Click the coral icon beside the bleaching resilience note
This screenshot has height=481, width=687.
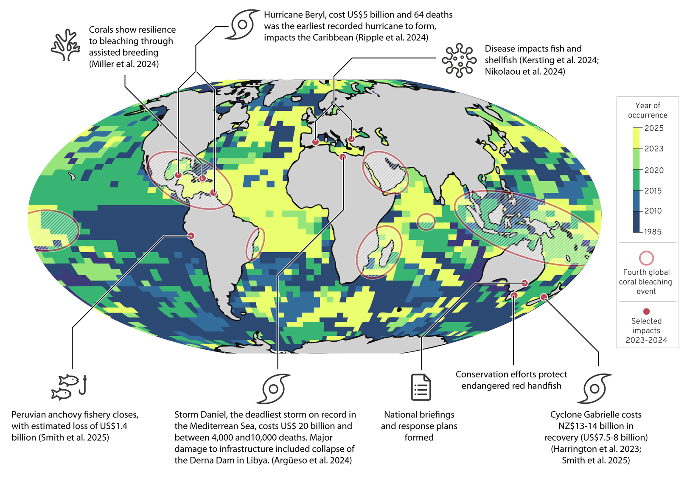point(66,45)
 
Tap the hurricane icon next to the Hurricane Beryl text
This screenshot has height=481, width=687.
point(244,24)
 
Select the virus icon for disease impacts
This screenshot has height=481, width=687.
point(459,60)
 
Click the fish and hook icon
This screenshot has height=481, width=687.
point(69,387)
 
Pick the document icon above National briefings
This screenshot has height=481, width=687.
point(421,387)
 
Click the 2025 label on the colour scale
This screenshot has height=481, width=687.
point(654,128)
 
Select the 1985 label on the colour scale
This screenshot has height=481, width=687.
point(653,232)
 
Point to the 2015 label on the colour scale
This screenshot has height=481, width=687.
point(653,191)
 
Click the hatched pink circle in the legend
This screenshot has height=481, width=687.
point(646,258)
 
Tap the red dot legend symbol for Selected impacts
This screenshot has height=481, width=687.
point(646,311)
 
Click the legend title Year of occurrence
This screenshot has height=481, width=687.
point(648,110)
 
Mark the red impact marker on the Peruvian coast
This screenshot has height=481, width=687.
point(191,236)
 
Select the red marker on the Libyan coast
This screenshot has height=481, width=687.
point(343,157)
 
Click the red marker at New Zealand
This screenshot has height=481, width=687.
point(544,297)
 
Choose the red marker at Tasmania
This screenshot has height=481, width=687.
point(514,295)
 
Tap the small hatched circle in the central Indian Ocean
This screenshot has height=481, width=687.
point(426,222)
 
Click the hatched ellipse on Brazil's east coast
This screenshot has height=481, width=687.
point(255,244)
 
